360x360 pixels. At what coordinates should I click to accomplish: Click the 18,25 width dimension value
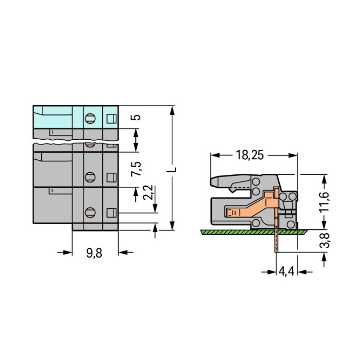[250, 155]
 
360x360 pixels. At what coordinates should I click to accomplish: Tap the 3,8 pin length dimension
[324, 240]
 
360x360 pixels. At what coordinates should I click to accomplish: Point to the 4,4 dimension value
[286, 272]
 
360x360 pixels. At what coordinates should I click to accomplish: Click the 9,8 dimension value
[94, 253]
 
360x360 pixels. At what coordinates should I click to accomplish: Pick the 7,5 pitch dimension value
[136, 169]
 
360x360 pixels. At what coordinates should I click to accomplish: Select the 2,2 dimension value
[148, 192]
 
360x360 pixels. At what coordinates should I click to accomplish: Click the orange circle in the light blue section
[90, 119]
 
